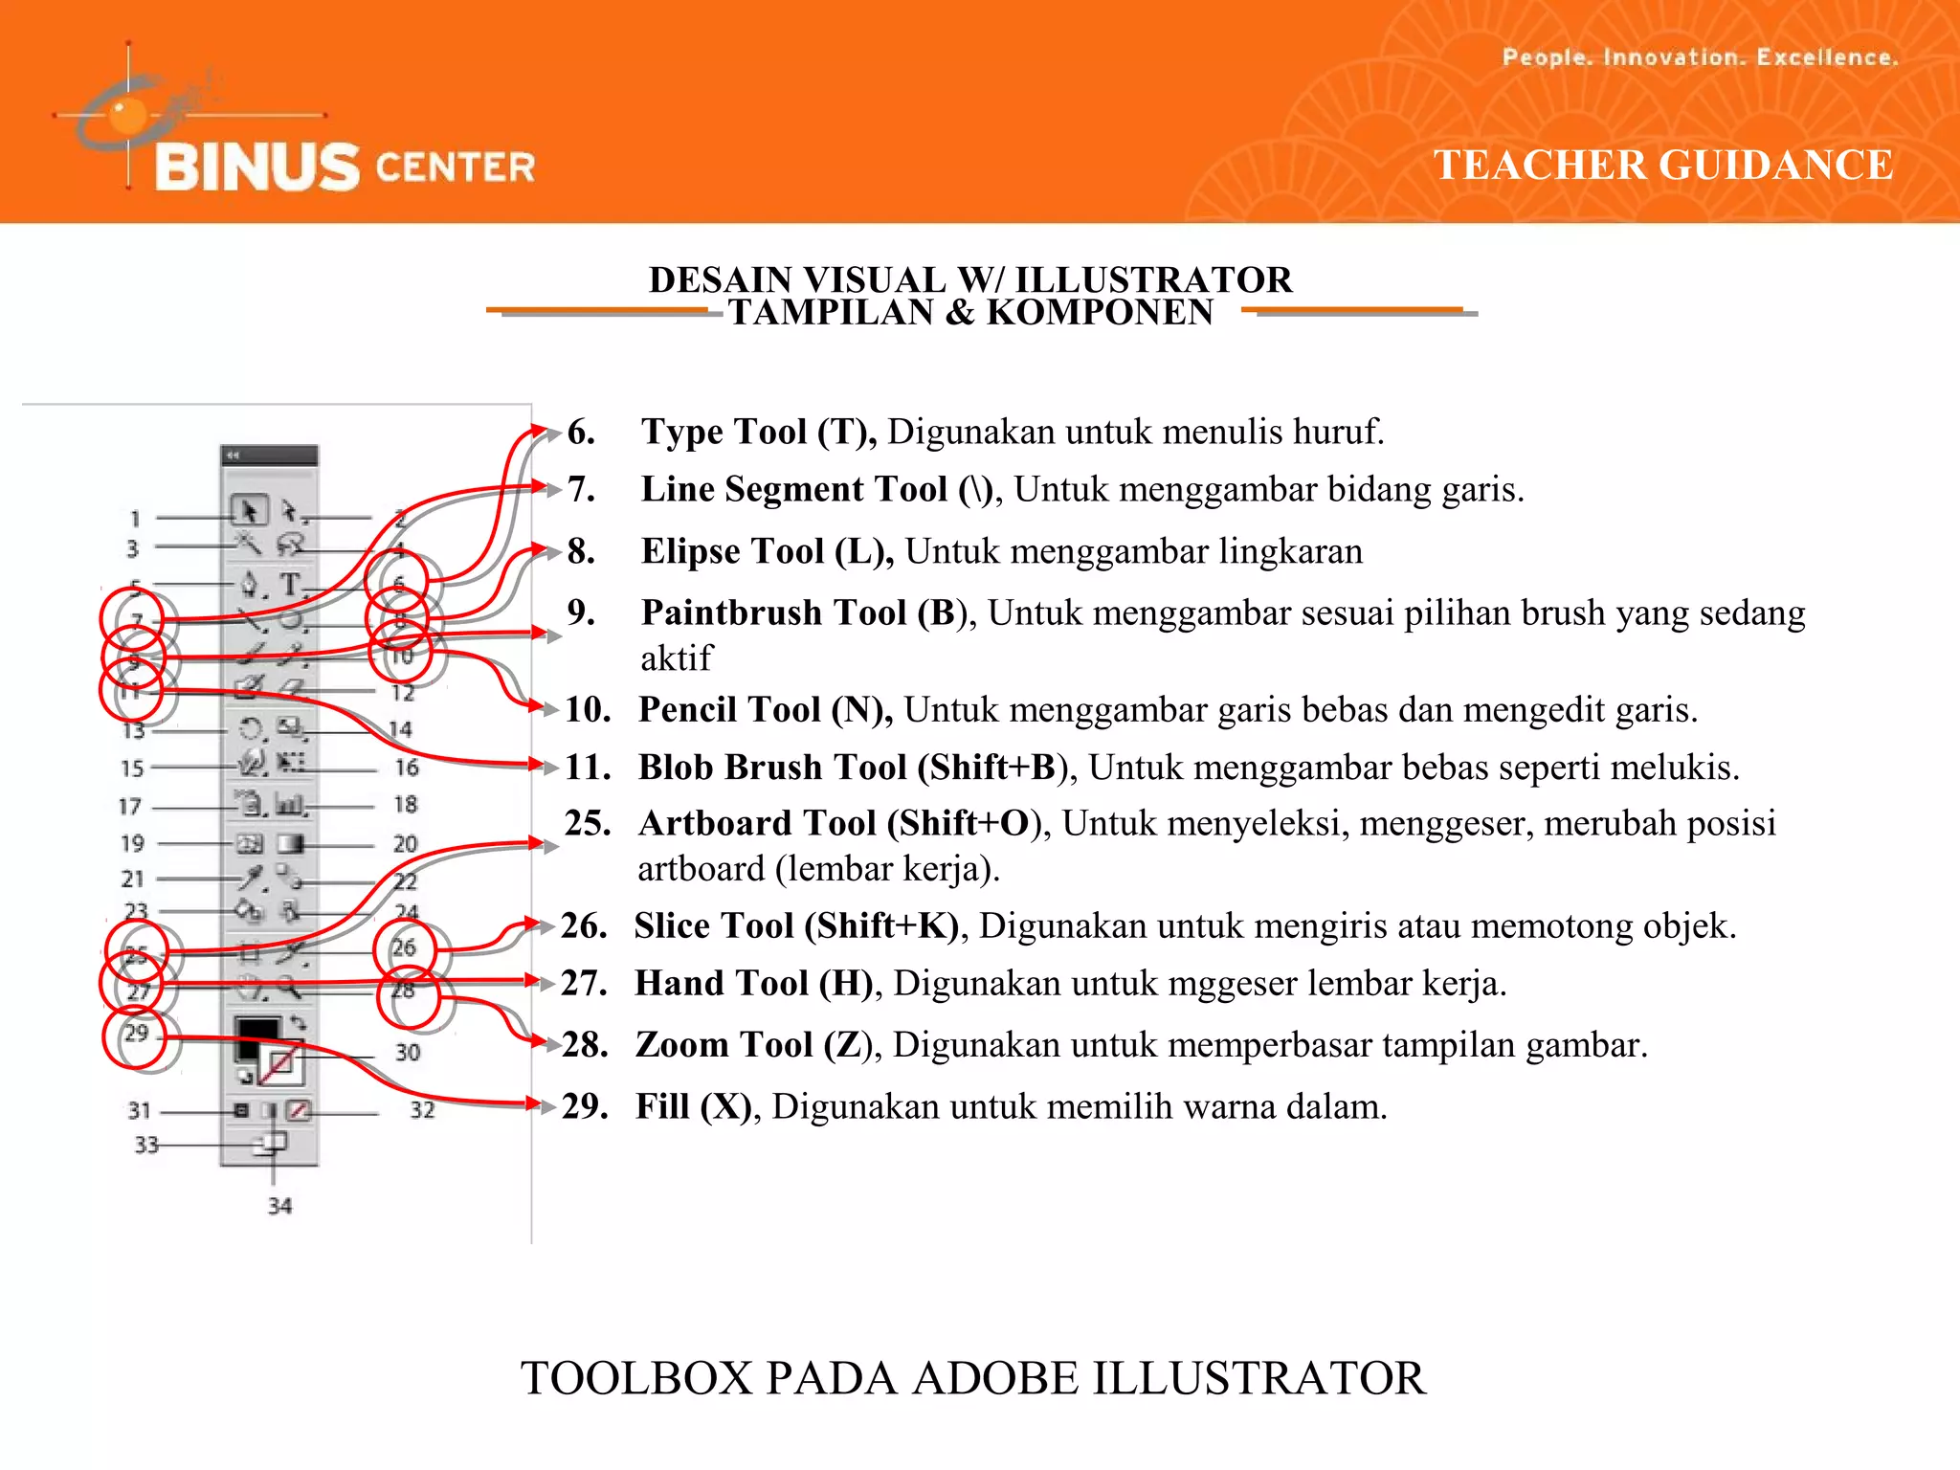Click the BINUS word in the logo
[x=256, y=167]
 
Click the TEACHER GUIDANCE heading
[x=1663, y=165]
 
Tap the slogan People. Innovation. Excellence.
[x=1700, y=57]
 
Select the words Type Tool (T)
[x=758, y=432]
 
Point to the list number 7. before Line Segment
[x=581, y=489]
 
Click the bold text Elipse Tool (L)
[x=767, y=551]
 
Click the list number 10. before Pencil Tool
[x=588, y=709]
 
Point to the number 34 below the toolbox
[x=279, y=1206]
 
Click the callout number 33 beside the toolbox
[x=145, y=1145]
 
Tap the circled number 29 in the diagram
[x=136, y=1034]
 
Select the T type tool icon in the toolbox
[x=290, y=583]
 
